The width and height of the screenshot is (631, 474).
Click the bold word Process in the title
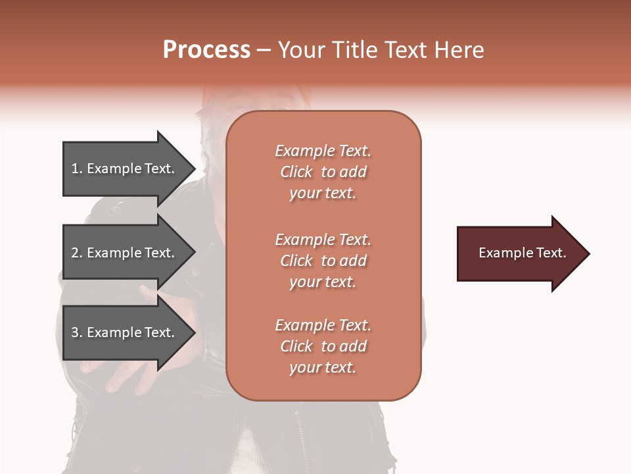click(x=206, y=50)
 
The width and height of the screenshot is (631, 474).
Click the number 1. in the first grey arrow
click(x=77, y=169)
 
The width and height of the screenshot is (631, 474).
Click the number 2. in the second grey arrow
click(x=77, y=253)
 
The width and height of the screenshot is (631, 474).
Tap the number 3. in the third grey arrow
click(x=77, y=332)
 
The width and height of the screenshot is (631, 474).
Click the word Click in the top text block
click(x=296, y=172)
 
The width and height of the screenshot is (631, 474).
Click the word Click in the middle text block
click(x=296, y=261)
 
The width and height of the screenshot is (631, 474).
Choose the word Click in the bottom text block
click(x=296, y=347)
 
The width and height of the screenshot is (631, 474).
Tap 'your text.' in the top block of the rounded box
click(x=322, y=194)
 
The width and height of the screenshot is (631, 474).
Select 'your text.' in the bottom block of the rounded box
click(x=322, y=368)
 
